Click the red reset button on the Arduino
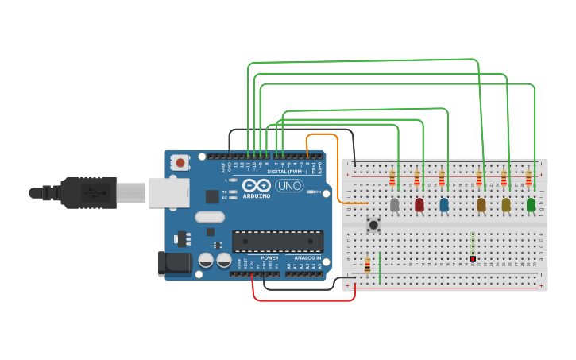[x=180, y=163]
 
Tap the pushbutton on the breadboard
[x=373, y=225]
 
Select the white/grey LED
[x=395, y=205]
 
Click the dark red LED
[x=419, y=205]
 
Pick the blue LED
[x=444, y=205]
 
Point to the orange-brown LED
[x=481, y=205]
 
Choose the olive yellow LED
[x=506, y=205]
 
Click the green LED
[x=531, y=205]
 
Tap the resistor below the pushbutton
[x=367, y=265]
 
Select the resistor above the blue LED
[x=442, y=179]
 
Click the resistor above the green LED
[x=528, y=178]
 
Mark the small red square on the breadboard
[x=473, y=259]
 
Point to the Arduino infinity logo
[x=257, y=185]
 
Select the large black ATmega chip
[x=277, y=241]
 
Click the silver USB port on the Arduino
[x=168, y=192]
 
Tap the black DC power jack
[x=174, y=263]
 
